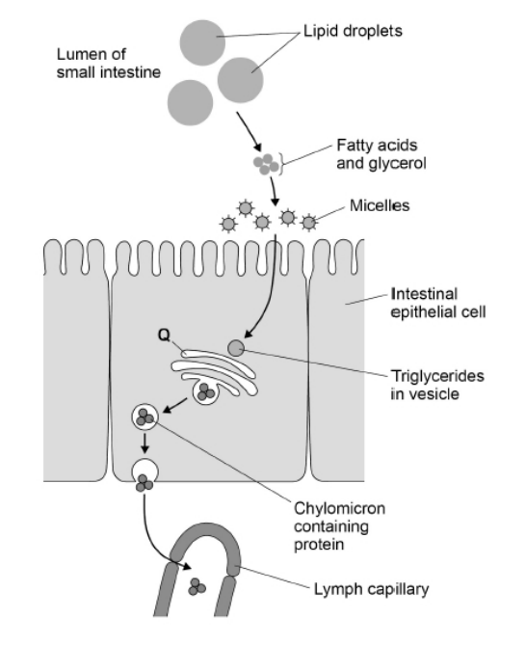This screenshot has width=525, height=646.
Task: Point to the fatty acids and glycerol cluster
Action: (267, 166)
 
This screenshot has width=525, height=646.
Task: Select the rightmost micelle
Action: (309, 223)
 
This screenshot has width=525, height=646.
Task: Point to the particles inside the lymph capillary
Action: (197, 585)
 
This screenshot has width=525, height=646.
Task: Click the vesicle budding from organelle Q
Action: (206, 391)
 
